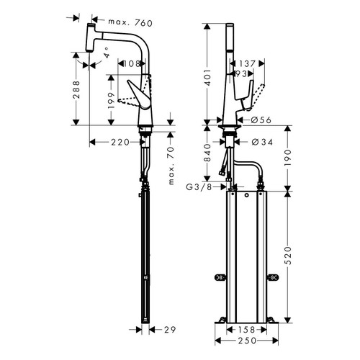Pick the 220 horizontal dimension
click(x=120, y=143)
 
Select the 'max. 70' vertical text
click(x=172, y=166)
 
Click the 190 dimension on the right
click(x=289, y=157)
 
